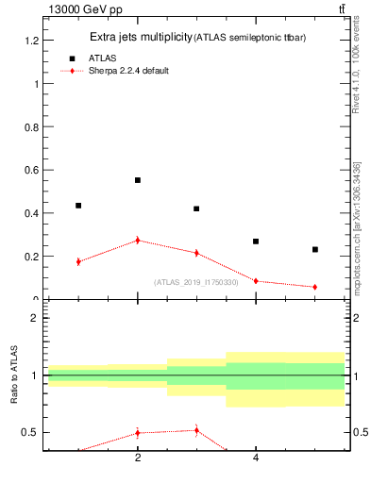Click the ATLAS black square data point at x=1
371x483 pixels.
click(x=78, y=205)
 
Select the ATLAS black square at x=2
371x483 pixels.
click(x=138, y=179)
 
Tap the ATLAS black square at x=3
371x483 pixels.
click(x=196, y=208)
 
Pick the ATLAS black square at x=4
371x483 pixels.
click(x=256, y=241)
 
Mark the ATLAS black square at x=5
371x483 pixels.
click(x=314, y=249)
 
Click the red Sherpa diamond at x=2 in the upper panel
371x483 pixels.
click(x=138, y=241)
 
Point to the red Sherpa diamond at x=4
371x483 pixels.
click(x=256, y=281)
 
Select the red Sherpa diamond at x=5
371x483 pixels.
click(x=314, y=287)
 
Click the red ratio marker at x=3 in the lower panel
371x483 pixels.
click(x=196, y=430)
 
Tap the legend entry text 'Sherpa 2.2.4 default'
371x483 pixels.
click(x=129, y=71)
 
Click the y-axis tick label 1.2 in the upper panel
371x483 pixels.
click(x=30, y=41)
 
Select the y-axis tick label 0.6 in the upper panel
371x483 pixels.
click(x=30, y=170)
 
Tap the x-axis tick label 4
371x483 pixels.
click(x=256, y=458)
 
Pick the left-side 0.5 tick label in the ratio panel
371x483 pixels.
click(x=30, y=432)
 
